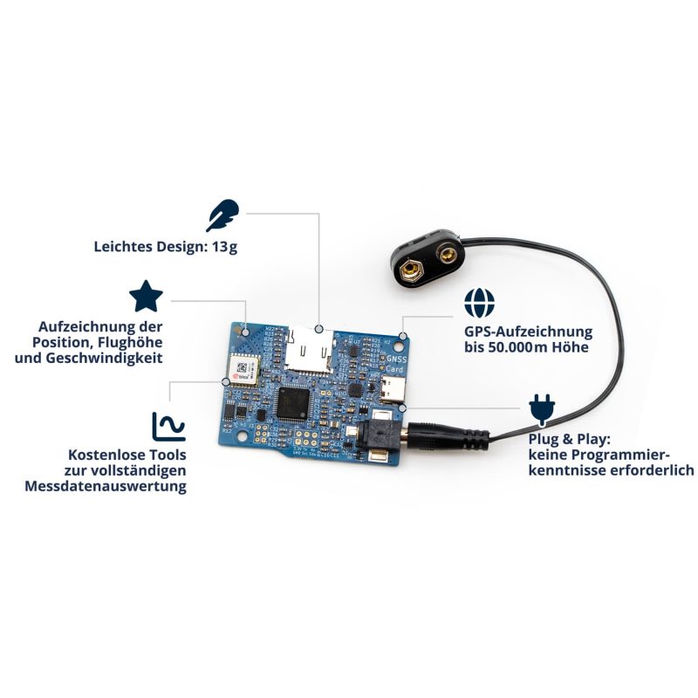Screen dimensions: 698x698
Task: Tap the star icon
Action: [146, 297]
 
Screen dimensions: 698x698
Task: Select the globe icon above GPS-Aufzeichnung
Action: [478, 303]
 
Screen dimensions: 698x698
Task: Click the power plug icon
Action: [541, 408]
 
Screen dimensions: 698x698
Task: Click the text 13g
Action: [224, 246]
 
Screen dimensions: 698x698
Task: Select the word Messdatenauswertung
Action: [106, 487]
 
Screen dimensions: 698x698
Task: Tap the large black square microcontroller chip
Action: [291, 404]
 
